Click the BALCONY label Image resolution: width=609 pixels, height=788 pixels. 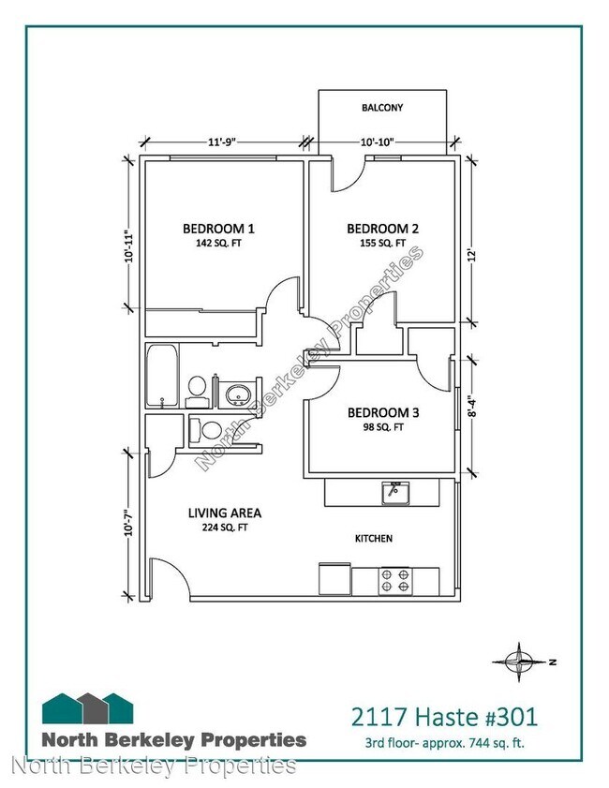(382, 108)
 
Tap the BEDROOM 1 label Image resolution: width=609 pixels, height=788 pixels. (218, 230)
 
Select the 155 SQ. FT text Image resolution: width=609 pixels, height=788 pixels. (382, 244)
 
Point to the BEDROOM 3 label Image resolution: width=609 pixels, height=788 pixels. (383, 413)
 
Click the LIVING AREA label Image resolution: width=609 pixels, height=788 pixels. (225, 513)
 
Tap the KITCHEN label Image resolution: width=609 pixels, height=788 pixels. (374, 538)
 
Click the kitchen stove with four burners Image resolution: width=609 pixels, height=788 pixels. (395, 581)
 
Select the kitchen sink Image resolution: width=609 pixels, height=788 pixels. (395, 493)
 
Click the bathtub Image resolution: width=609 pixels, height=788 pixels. (162, 376)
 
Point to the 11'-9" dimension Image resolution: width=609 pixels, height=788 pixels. (222, 141)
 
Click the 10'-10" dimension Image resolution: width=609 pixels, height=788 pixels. (377, 141)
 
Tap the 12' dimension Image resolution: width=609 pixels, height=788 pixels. (471, 255)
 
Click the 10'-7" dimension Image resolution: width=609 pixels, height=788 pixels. (129, 523)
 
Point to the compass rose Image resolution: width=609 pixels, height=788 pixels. (520, 662)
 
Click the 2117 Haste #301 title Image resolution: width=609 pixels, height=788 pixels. (444, 717)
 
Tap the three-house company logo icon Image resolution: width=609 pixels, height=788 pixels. (87, 708)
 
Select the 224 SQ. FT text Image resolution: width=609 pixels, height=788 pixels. (225, 528)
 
